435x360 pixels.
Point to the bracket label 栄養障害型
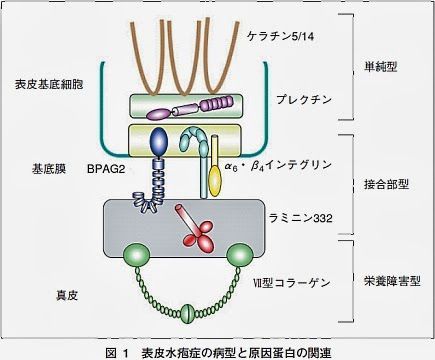click(x=385, y=282)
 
